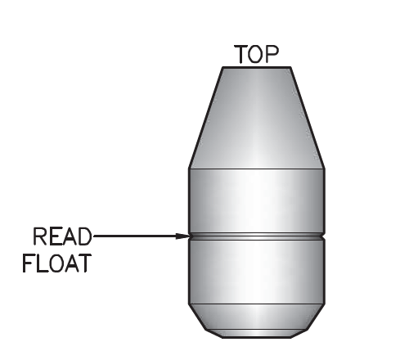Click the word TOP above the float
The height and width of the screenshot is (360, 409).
[x=257, y=54]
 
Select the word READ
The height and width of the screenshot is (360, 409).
[x=62, y=236]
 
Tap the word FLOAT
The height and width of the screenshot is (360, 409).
[x=56, y=263]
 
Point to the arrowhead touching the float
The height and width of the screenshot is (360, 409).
[x=182, y=236]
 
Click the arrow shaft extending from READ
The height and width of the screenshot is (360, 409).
[x=135, y=236]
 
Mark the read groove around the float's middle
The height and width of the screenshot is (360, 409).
[x=257, y=236]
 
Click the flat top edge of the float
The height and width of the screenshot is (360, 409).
[x=257, y=67]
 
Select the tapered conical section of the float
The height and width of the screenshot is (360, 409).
[x=257, y=118]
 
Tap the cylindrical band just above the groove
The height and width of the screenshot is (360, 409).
[x=257, y=201]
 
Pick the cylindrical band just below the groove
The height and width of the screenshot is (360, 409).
[x=257, y=272]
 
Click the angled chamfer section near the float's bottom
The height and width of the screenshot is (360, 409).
[x=257, y=317]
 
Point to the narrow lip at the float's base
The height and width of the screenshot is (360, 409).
[x=257, y=334]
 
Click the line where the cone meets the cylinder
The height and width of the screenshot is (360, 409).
[x=257, y=169]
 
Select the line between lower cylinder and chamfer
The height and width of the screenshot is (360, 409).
[x=257, y=304]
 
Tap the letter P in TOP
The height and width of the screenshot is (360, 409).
[x=272, y=54]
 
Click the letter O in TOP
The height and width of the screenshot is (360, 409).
[x=256, y=54]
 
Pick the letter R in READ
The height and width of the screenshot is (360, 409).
[x=39, y=236]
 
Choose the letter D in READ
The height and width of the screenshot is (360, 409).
[x=84, y=236]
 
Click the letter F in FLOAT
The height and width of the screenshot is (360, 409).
[x=28, y=263]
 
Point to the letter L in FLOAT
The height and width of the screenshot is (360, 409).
[x=42, y=263]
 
